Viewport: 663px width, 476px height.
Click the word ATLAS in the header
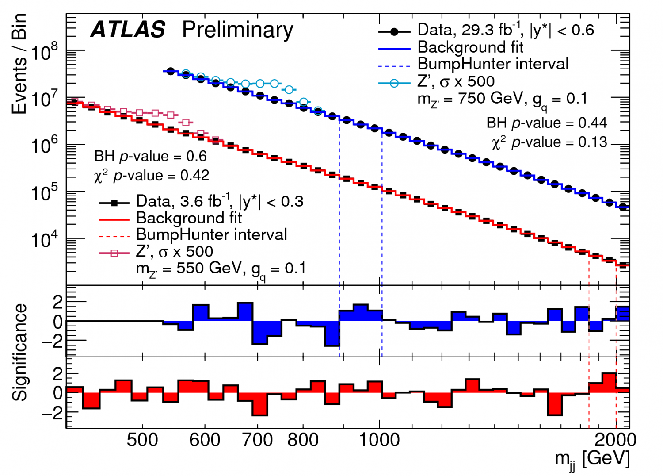(128, 30)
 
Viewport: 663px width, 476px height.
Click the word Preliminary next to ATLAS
(237, 30)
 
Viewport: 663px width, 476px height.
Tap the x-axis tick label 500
(142, 440)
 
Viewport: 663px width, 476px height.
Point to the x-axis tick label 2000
(615, 440)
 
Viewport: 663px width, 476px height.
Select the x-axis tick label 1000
(379, 440)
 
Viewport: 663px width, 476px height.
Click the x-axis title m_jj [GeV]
(592, 459)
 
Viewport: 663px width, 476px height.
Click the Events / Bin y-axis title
(19, 64)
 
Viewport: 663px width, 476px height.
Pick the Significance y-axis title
(19, 352)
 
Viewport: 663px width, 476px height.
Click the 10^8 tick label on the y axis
(44, 53)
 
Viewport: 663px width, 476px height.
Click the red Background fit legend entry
(189, 218)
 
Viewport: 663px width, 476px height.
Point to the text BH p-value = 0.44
(546, 123)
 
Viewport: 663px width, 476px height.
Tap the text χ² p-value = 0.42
(151, 176)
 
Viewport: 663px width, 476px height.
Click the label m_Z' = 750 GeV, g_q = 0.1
(502, 99)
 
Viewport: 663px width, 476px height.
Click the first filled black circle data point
(171, 71)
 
